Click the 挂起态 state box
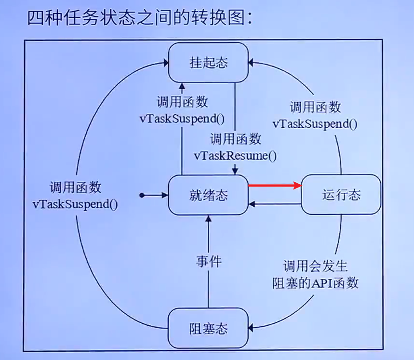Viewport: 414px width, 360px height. pos(208,63)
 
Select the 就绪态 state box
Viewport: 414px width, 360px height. pos(208,195)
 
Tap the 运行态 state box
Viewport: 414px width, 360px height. pos(341,195)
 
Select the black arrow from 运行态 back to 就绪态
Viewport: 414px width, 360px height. pos(274,205)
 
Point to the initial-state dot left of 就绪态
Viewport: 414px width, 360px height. pos(142,195)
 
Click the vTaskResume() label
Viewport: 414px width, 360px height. pos(236,155)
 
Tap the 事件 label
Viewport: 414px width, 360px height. pos(208,261)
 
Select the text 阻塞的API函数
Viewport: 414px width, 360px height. pos(315,283)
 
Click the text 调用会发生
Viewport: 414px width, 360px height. pos(315,267)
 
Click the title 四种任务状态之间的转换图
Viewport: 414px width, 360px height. pos(140,19)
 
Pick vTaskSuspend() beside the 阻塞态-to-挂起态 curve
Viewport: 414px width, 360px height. pos(76,203)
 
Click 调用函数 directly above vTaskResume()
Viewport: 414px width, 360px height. pos(236,139)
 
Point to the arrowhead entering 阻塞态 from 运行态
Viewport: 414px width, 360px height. pos(252,329)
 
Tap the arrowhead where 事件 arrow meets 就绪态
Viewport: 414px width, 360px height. pos(208,218)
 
